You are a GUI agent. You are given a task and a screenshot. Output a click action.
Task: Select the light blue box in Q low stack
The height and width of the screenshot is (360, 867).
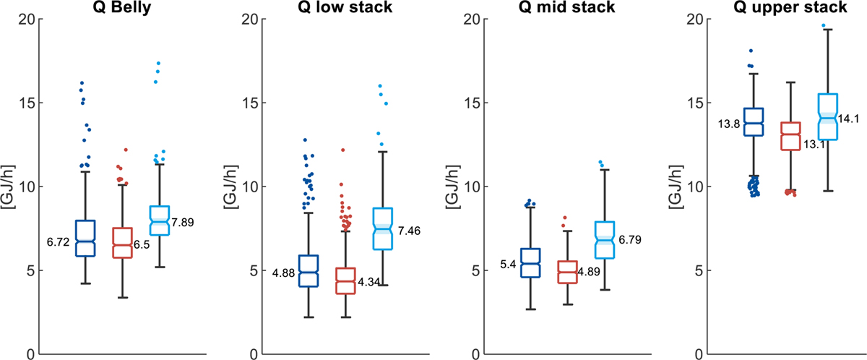382,229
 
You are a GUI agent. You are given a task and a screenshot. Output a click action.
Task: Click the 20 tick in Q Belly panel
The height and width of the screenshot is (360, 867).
27,19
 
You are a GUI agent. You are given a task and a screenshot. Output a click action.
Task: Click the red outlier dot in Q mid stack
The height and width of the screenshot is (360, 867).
566,217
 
